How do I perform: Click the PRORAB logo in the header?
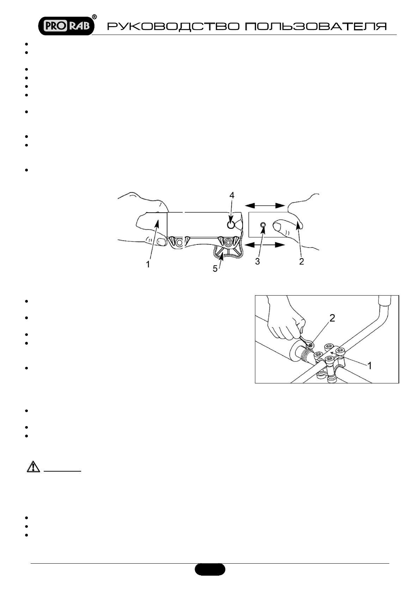pos(66,25)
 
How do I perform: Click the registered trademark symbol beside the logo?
pos(95,17)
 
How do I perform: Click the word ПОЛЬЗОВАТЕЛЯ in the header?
pos(316,27)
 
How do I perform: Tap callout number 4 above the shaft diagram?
pos(231,195)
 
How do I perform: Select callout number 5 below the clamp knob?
pos(215,268)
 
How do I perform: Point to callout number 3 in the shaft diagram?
pos(257,262)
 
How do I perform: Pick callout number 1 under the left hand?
pos(148,263)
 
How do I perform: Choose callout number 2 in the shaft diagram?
pos(301,262)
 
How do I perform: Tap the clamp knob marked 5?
pos(227,252)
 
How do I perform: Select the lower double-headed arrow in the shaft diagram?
pos(265,245)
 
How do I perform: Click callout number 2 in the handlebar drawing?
pos(332,319)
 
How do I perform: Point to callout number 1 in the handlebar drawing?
pos(370,366)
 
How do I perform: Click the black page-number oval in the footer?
pos(210,569)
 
